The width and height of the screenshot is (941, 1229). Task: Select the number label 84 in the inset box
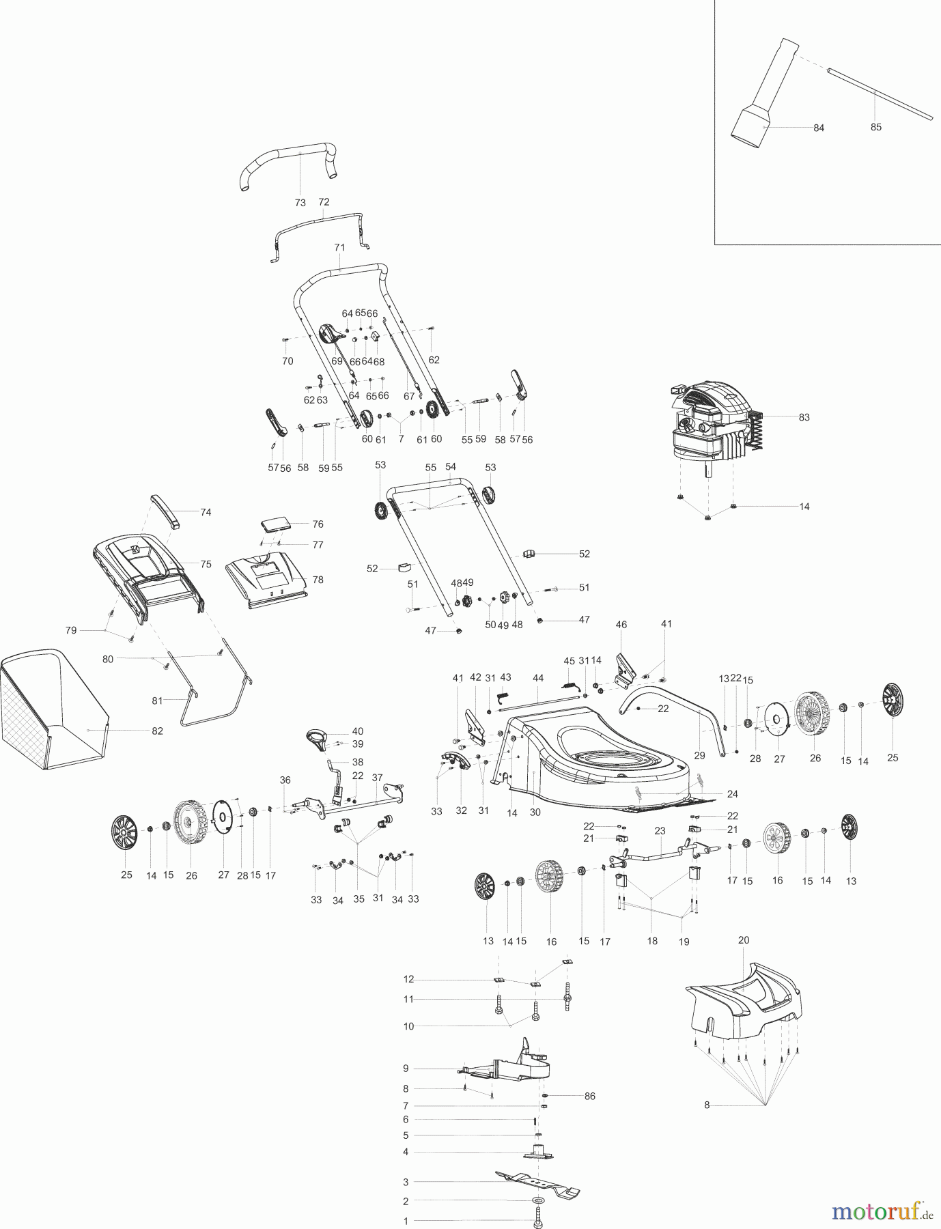coord(819,128)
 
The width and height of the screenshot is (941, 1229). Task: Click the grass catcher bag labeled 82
coord(55,710)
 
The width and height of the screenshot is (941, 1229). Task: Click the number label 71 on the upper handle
coord(339,247)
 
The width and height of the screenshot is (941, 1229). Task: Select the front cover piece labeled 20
coord(744,997)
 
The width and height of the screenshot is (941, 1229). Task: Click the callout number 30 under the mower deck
coord(535,813)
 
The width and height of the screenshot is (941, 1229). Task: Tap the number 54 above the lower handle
coord(450,466)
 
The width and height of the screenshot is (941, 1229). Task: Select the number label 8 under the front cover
coord(707,1104)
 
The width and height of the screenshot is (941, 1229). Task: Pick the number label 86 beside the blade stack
coord(589,1096)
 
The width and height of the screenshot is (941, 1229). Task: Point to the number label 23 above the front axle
coord(659,831)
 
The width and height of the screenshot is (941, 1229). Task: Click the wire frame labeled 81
coord(212,696)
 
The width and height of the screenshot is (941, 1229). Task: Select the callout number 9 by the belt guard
coord(405,1068)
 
